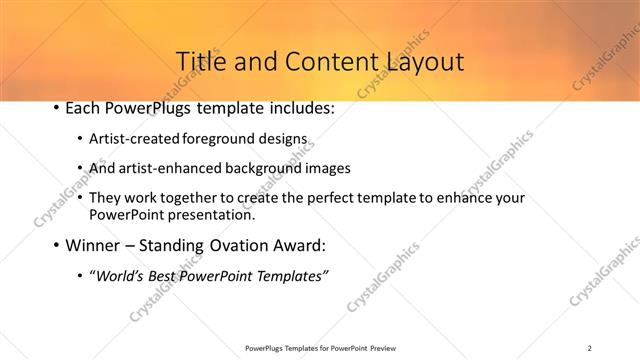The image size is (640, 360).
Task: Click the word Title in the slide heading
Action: pyautogui.click(x=200, y=61)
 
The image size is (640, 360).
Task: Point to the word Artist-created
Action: pyautogui.click(x=134, y=140)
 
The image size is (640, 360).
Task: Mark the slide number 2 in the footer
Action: pyautogui.click(x=590, y=348)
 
